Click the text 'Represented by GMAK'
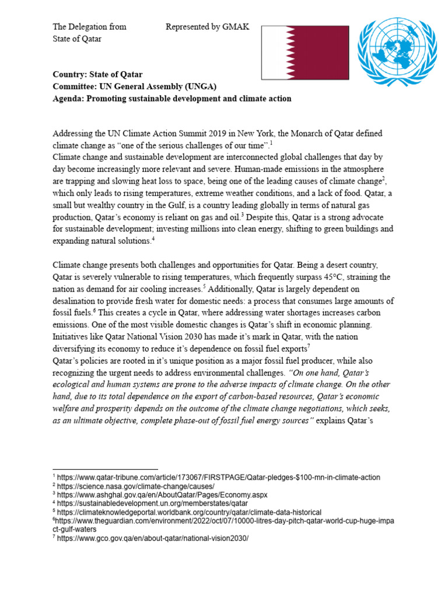(x=207, y=27)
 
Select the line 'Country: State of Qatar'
(x=97, y=75)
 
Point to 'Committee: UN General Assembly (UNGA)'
(x=134, y=87)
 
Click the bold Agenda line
(x=172, y=99)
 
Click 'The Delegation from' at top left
(x=89, y=27)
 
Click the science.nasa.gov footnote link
(x=136, y=486)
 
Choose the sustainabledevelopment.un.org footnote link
(x=152, y=503)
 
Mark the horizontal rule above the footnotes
(x=105, y=469)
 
